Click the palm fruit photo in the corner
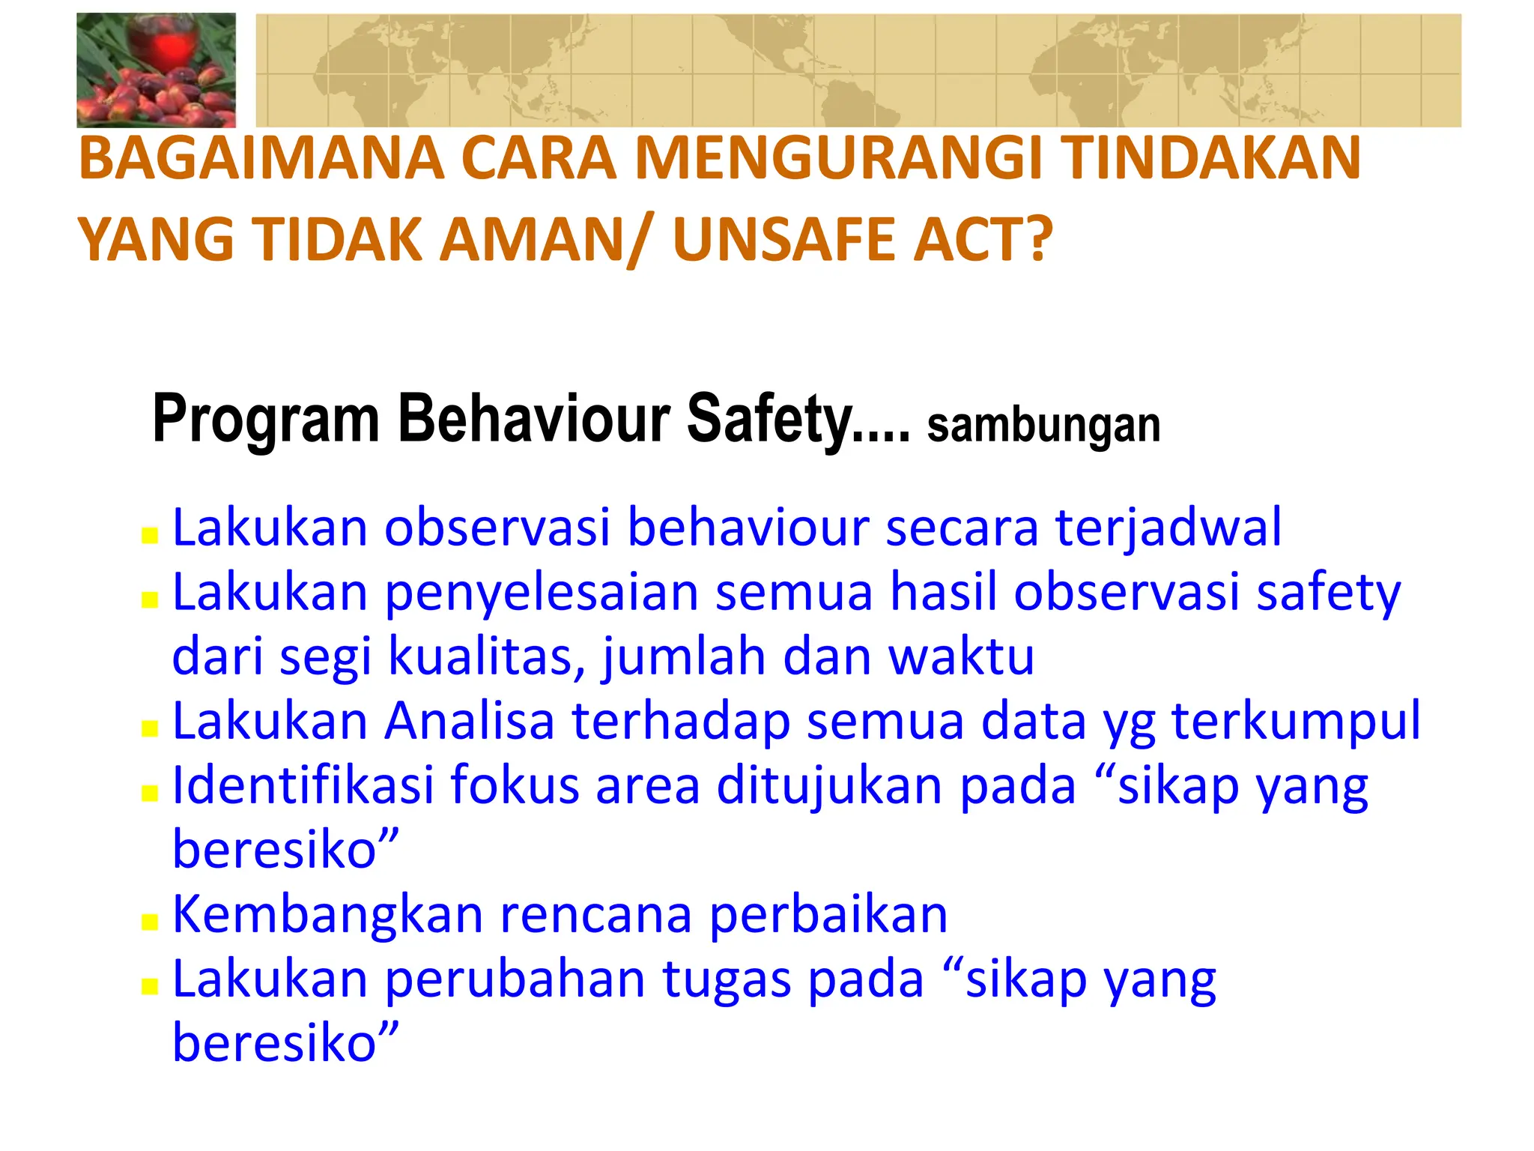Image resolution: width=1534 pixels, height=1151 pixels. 156,70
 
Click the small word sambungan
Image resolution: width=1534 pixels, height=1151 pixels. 1043,426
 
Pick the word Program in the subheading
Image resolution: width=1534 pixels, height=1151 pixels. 266,420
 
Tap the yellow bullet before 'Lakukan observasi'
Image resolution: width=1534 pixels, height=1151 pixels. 150,535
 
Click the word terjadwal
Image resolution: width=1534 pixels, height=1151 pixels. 1168,528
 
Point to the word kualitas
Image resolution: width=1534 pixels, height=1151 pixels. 487,656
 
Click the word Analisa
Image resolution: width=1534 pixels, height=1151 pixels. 469,721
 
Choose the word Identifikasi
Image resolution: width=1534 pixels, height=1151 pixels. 303,785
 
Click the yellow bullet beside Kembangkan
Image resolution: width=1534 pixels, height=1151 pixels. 150,922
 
